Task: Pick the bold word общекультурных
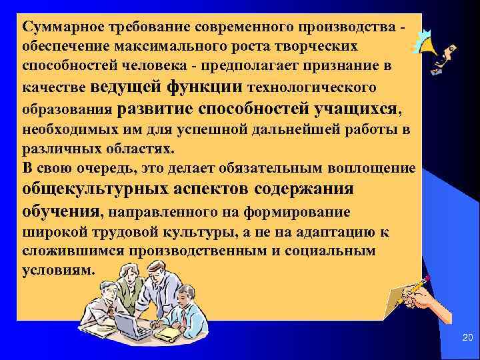pyautogui.click(x=92, y=189)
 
